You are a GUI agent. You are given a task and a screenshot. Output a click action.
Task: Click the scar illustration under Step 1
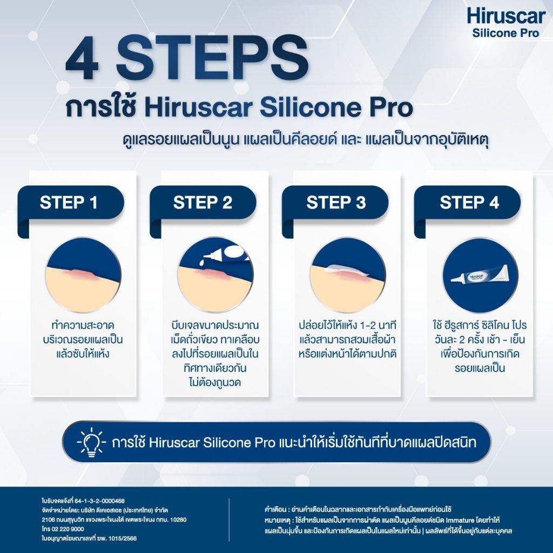pos(83,275)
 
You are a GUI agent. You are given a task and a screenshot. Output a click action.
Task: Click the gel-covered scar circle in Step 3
pos(348,275)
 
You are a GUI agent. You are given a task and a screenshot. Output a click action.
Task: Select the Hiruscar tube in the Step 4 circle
pos(480,276)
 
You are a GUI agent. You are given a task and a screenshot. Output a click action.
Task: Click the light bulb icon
pos(91,442)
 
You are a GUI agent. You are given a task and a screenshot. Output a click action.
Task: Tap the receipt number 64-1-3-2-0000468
pos(99,501)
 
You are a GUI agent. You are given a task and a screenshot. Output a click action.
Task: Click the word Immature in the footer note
pos(460,520)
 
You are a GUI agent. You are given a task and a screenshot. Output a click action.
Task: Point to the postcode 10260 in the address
pos(178,520)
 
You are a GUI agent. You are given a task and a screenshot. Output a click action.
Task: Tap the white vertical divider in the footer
pos(229,520)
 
